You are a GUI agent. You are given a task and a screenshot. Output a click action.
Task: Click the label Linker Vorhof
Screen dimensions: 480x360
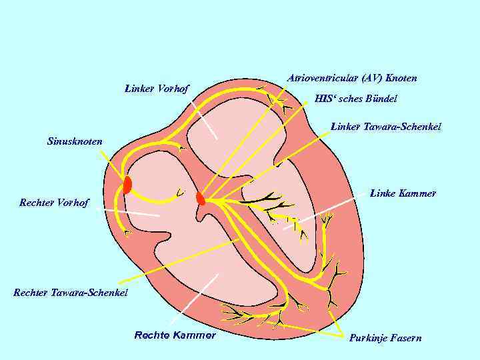click(157, 88)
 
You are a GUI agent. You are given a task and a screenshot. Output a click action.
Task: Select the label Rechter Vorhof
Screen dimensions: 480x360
click(54, 203)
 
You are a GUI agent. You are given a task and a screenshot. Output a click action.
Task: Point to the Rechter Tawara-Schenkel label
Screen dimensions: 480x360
click(71, 292)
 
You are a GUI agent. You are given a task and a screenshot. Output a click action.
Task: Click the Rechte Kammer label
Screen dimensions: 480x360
click(175, 335)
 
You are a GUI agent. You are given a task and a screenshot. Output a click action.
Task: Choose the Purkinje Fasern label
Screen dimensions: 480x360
click(385, 338)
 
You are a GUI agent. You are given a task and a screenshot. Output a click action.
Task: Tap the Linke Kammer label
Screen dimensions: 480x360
click(403, 193)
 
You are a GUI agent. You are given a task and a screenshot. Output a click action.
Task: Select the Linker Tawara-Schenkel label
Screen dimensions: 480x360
click(386, 126)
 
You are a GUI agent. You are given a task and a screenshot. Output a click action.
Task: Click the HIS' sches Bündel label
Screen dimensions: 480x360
click(355, 99)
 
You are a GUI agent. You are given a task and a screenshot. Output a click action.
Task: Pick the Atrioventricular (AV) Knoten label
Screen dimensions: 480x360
click(351, 78)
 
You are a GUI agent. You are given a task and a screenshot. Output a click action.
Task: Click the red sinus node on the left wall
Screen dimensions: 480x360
click(127, 185)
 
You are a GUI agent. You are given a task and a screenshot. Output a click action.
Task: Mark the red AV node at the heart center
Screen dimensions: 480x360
click(201, 198)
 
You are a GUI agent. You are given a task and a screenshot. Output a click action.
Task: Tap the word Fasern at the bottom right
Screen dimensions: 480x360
click(405, 338)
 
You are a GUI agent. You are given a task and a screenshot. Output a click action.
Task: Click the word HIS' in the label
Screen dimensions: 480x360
click(323, 99)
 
